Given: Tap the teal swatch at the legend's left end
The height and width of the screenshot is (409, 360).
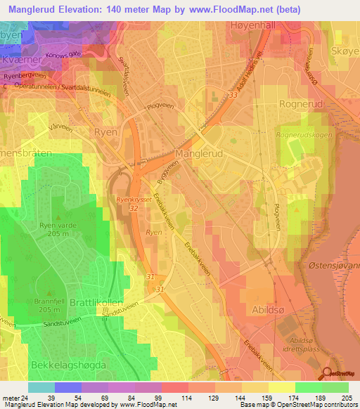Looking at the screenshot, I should [41, 387].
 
